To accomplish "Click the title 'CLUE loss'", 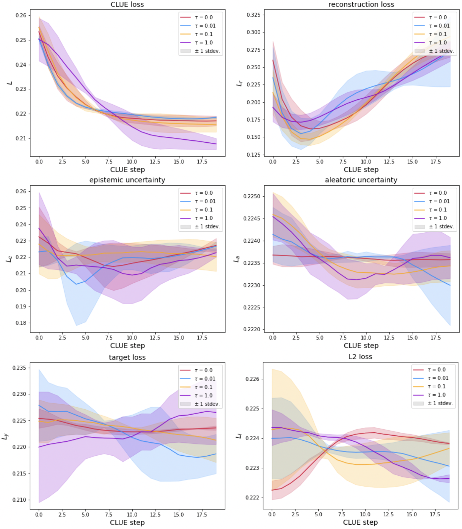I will [x=127, y=4].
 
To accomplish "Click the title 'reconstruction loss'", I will [x=361, y=4].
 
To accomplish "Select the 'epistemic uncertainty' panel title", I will [x=127, y=180].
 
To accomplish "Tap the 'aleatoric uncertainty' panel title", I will [x=361, y=180].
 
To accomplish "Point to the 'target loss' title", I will [x=127, y=357].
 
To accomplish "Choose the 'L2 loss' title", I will [x=360, y=357].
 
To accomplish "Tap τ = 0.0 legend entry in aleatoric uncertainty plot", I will [x=438, y=193].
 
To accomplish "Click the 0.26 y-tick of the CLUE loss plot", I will [x=21, y=15].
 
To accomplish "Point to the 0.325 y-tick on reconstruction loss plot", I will [x=253, y=15].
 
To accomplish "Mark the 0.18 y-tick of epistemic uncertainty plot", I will [x=21, y=323].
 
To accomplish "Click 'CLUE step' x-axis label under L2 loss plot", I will [x=360, y=522].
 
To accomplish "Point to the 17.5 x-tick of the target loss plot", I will [x=202, y=514].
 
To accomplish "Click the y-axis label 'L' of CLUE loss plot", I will [x=10, y=83].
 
